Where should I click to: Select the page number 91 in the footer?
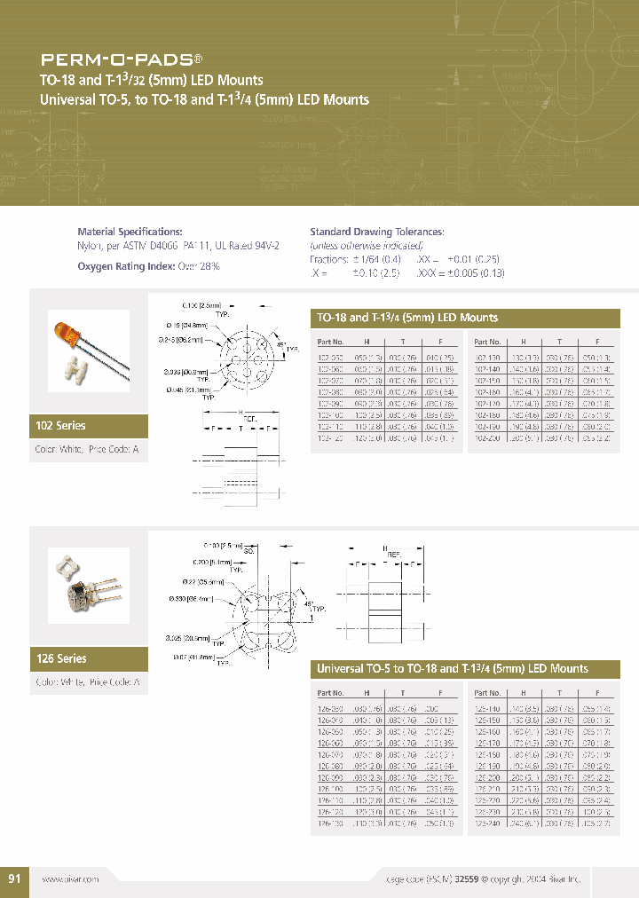(x=14, y=878)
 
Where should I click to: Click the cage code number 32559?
(x=468, y=878)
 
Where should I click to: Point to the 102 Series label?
(x=60, y=426)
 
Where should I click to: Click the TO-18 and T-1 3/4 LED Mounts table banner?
(x=407, y=318)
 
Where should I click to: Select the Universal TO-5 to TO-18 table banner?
(x=452, y=668)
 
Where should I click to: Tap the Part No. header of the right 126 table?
(x=488, y=692)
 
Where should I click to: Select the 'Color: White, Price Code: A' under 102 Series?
(x=86, y=450)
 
